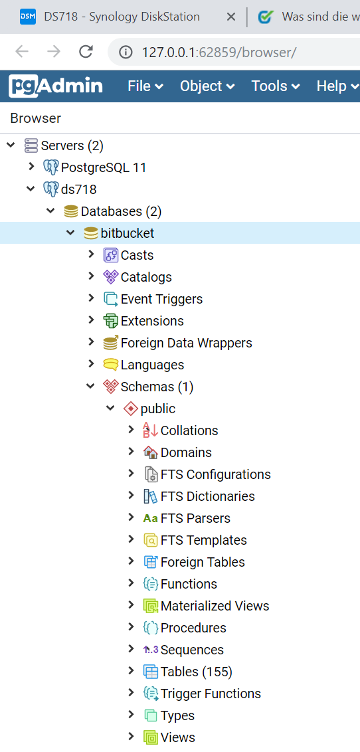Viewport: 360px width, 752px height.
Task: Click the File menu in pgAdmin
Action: coord(145,86)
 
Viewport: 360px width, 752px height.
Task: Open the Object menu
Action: coord(207,86)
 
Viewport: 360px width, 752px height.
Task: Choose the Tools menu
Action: coord(276,86)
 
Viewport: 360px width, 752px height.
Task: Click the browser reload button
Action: coord(86,51)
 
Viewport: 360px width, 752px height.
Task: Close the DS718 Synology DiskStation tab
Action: coord(230,17)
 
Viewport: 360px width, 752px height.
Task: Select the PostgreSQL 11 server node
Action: coord(104,167)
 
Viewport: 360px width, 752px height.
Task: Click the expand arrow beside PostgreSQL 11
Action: coord(32,167)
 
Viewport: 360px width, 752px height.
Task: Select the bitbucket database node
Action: coord(128,233)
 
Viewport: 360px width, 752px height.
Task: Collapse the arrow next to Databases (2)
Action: coord(51,211)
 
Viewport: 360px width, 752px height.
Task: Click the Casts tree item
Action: coord(137,255)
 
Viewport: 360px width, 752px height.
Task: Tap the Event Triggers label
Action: coord(161,299)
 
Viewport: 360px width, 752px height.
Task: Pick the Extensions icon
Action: coord(111,321)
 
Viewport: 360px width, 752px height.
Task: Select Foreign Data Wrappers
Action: coord(187,343)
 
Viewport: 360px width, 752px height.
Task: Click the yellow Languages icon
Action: coord(111,365)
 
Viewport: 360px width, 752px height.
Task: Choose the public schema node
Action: coord(157,409)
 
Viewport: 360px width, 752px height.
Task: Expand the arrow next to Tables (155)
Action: coord(131,671)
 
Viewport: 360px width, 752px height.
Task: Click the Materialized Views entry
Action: coord(215,607)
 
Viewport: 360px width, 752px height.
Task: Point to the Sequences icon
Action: coord(151,650)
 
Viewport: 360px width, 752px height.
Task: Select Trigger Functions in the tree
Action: coord(211,694)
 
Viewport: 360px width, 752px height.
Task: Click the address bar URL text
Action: coord(219,52)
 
